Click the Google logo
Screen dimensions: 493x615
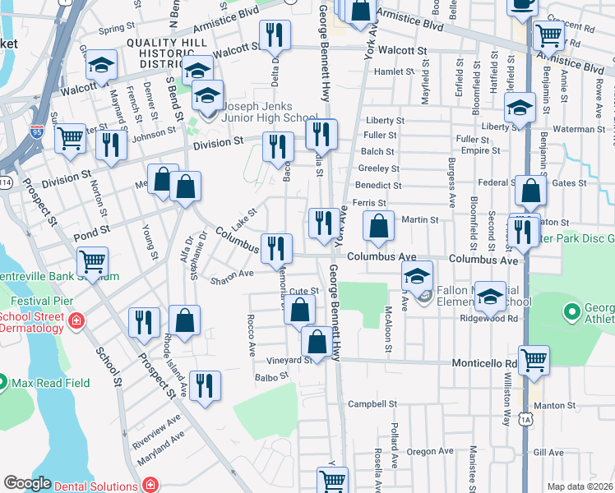[27, 484]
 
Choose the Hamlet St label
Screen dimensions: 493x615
[395, 72]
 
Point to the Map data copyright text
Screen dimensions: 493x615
[580, 486]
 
